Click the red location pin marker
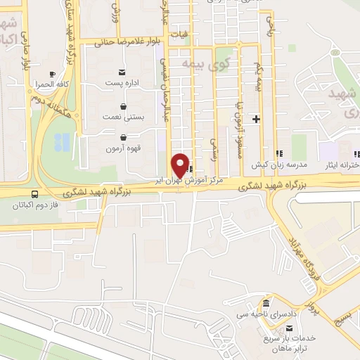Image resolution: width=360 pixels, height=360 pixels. coord(181,165)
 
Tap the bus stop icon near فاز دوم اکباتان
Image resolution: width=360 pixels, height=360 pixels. coord(34,195)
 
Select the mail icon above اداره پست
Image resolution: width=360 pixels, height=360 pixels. coord(122,72)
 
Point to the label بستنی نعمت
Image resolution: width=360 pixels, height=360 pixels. coord(123,116)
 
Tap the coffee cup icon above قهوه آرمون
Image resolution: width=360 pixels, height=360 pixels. coord(124,138)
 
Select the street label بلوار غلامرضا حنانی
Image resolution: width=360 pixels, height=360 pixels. coord(124,42)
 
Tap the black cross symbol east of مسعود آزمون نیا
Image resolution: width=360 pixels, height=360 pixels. coord(256,119)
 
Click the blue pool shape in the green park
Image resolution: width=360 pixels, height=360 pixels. coord(62,142)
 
